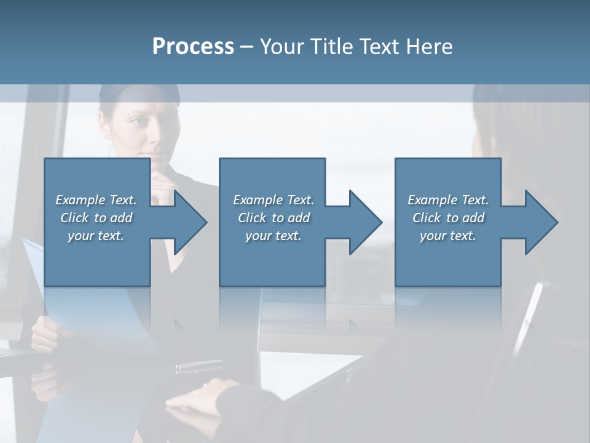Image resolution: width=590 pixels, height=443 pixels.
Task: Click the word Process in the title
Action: coord(193,47)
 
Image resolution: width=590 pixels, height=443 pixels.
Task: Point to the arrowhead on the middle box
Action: coord(364,222)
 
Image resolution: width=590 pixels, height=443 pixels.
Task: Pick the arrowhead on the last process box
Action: coord(540,222)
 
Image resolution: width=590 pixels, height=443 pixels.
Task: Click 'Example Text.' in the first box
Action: coord(96,200)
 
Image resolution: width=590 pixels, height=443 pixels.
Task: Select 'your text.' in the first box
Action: coord(96,236)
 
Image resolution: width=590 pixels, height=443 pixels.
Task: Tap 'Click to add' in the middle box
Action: coord(273,218)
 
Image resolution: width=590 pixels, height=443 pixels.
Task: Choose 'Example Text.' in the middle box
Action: coord(273,200)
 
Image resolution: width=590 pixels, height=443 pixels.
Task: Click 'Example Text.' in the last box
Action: coord(448,200)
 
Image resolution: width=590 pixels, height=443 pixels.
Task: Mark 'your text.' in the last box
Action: coord(448,236)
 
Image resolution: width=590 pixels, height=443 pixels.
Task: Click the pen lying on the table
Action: coord(198,367)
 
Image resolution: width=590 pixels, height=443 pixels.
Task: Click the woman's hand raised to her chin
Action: coord(162,185)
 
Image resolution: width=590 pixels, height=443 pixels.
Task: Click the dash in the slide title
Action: coord(247,47)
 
